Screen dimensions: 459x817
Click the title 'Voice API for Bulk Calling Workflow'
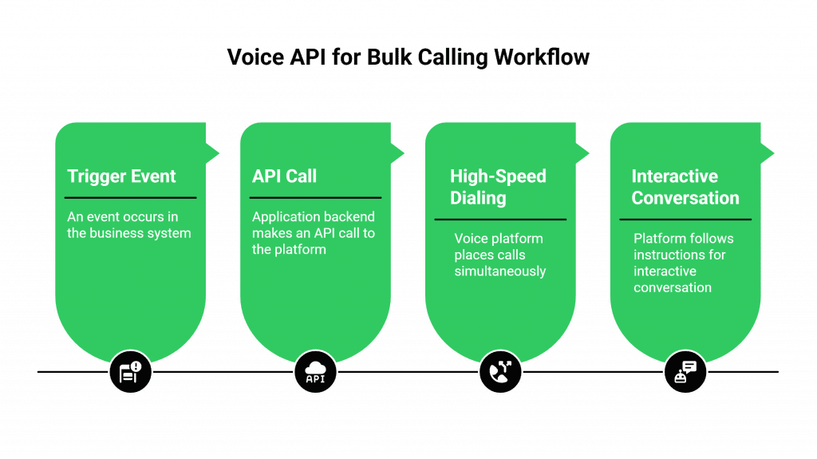pyautogui.click(x=408, y=57)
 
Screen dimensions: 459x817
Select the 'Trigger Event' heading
pyautogui.click(x=121, y=176)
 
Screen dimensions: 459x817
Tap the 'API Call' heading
pyautogui.click(x=284, y=176)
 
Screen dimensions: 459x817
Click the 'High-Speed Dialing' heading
pyautogui.click(x=498, y=187)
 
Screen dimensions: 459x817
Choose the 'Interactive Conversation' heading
pyautogui.click(x=685, y=187)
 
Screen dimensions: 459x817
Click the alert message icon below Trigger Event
pyautogui.click(x=130, y=372)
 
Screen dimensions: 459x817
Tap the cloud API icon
pyautogui.click(x=315, y=372)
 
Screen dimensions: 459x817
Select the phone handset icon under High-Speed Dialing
pyautogui.click(x=500, y=372)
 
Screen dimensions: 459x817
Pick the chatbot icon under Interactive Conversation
pyautogui.click(x=685, y=372)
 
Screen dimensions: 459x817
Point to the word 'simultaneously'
pyautogui.click(x=500, y=271)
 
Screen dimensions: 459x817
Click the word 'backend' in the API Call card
pyautogui.click(x=348, y=217)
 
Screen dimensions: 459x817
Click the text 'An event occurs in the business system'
pyautogui.click(x=128, y=225)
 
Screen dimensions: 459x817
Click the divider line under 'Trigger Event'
pyautogui.click(x=130, y=197)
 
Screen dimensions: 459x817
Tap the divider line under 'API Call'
pyautogui.click(x=315, y=197)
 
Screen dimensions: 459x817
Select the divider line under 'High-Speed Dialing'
pyautogui.click(x=500, y=219)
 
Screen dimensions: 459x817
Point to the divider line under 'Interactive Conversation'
pyautogui.click(x=685, y=219)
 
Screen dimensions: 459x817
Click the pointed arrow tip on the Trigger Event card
pyautogui.click(x=219, y=152)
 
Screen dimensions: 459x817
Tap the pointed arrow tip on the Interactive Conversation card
pyautogui.click(x=774, y=152)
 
